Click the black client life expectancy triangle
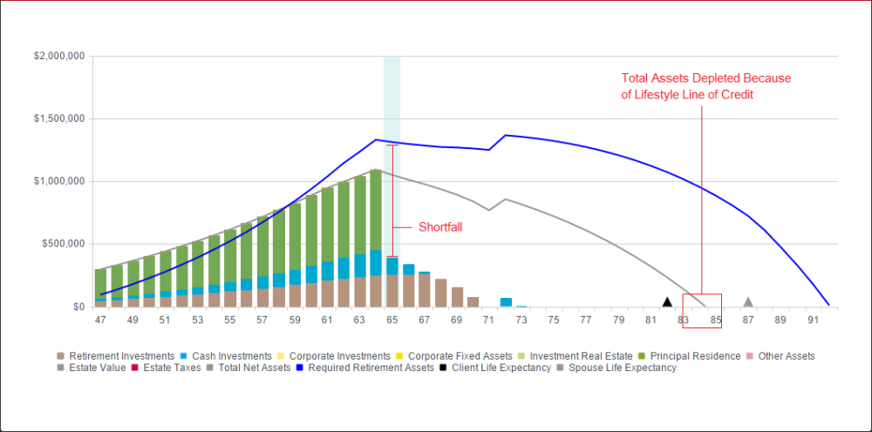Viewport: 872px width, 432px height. (667, 302)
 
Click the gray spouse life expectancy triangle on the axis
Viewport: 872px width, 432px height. (748, 302)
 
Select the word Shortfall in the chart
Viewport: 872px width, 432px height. (439, 226)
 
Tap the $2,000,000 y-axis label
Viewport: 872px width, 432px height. (59, 56)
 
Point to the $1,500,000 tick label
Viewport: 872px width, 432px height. (59, 118)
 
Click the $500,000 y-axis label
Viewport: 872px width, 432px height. (64, 244)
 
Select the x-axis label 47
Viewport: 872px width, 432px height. (100, 321)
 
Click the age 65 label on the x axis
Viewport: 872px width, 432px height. (392, 321)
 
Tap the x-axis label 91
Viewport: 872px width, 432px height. (813, 321)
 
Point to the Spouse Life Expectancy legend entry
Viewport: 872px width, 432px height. (622, 368)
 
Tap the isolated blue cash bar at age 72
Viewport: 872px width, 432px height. (506, 301)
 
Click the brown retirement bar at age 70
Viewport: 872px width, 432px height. (473, 301)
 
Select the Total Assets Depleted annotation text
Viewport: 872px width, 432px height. (705, 86)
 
